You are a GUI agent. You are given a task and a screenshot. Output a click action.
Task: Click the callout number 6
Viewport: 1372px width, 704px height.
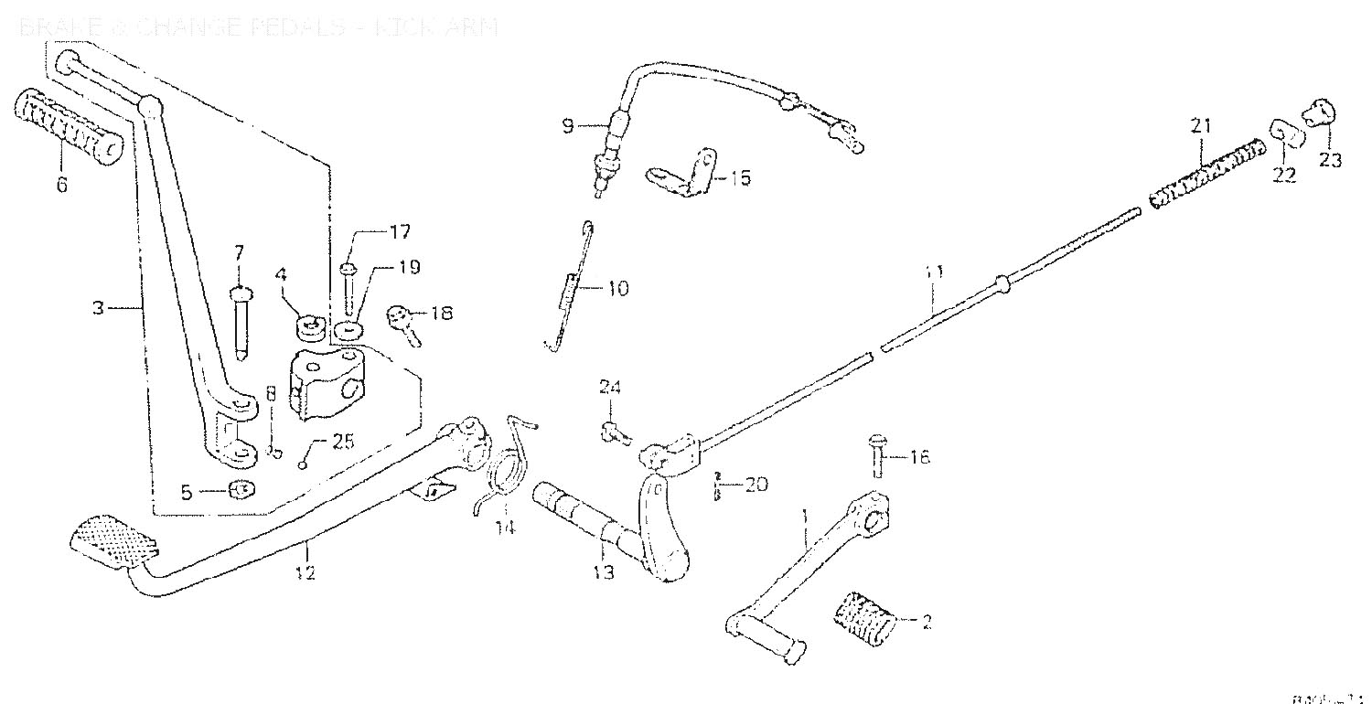pyautogui.click(x=61, y=185)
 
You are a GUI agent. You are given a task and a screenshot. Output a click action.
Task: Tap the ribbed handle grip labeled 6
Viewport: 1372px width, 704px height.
pyautogui.click(x=69, y=128)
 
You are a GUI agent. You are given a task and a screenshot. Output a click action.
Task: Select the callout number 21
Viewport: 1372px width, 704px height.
pyautogui.click(x=1200, y=126)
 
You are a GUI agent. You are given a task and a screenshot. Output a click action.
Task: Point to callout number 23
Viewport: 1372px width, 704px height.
pyautogui.click(x=1329, y=160)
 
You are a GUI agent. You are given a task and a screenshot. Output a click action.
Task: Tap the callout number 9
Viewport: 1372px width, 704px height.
pyautogui.click(x=567, y=126)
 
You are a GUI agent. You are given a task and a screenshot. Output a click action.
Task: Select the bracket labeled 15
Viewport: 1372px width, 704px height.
pyautogui.click(x=682, y=173)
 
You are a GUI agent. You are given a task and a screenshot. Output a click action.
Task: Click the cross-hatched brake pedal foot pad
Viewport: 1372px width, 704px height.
pyautogui.click(x=113, y=541)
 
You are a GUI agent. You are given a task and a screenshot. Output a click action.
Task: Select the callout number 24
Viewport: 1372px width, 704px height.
pyautogui.click(x=610, y=388)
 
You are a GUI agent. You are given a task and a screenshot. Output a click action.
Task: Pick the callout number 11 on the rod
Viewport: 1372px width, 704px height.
pyautogui.click(x=932, y=272)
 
